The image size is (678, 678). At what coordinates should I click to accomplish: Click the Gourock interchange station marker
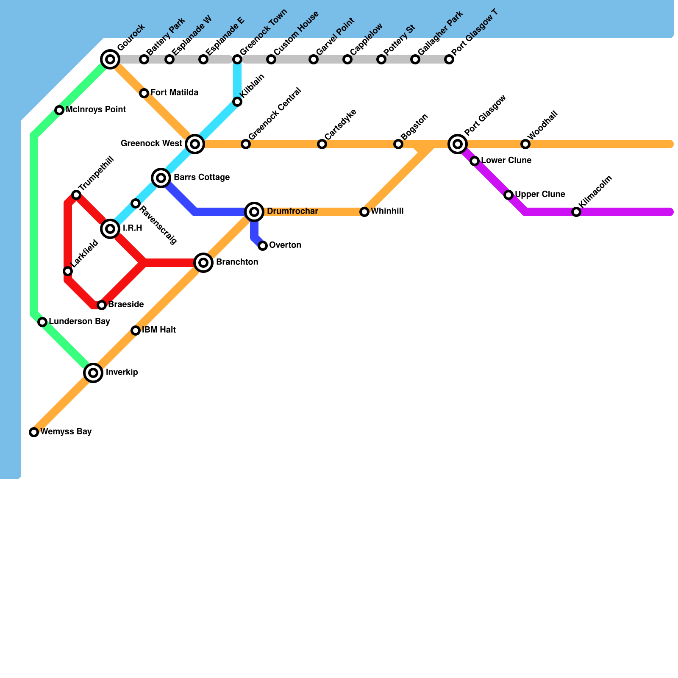(110, 59)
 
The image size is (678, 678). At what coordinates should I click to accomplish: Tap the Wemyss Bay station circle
(34, 432)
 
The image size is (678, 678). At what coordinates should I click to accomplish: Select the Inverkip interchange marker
(93, 373)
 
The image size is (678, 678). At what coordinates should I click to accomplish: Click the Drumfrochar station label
(292, 211)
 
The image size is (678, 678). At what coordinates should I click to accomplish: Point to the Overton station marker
(263, 246)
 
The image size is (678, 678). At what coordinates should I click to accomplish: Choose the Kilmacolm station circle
(576, 212)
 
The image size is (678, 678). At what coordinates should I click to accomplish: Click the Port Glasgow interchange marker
(458, 144)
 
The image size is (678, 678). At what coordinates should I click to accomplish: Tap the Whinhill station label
(387, 211)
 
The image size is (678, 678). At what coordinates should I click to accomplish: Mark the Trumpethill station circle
(76, 195)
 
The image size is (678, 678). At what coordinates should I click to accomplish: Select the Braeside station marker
(102, 305)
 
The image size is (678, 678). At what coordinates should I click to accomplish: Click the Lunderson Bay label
(79, 322)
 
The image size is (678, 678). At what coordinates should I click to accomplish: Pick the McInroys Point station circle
(59, 110)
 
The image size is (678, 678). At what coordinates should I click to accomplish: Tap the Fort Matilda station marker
(144, 93)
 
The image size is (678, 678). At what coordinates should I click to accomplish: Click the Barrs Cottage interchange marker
(161, 178)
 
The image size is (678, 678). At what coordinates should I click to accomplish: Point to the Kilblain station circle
(237, 102)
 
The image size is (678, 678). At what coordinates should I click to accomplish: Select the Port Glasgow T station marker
(449, 59)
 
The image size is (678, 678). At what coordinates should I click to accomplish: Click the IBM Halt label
(159, 330)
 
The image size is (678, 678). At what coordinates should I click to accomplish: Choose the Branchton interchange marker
(203, 263)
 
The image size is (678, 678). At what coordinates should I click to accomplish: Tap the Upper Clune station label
(540, 195)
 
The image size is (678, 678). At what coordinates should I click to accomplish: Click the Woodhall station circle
(525, 144)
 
